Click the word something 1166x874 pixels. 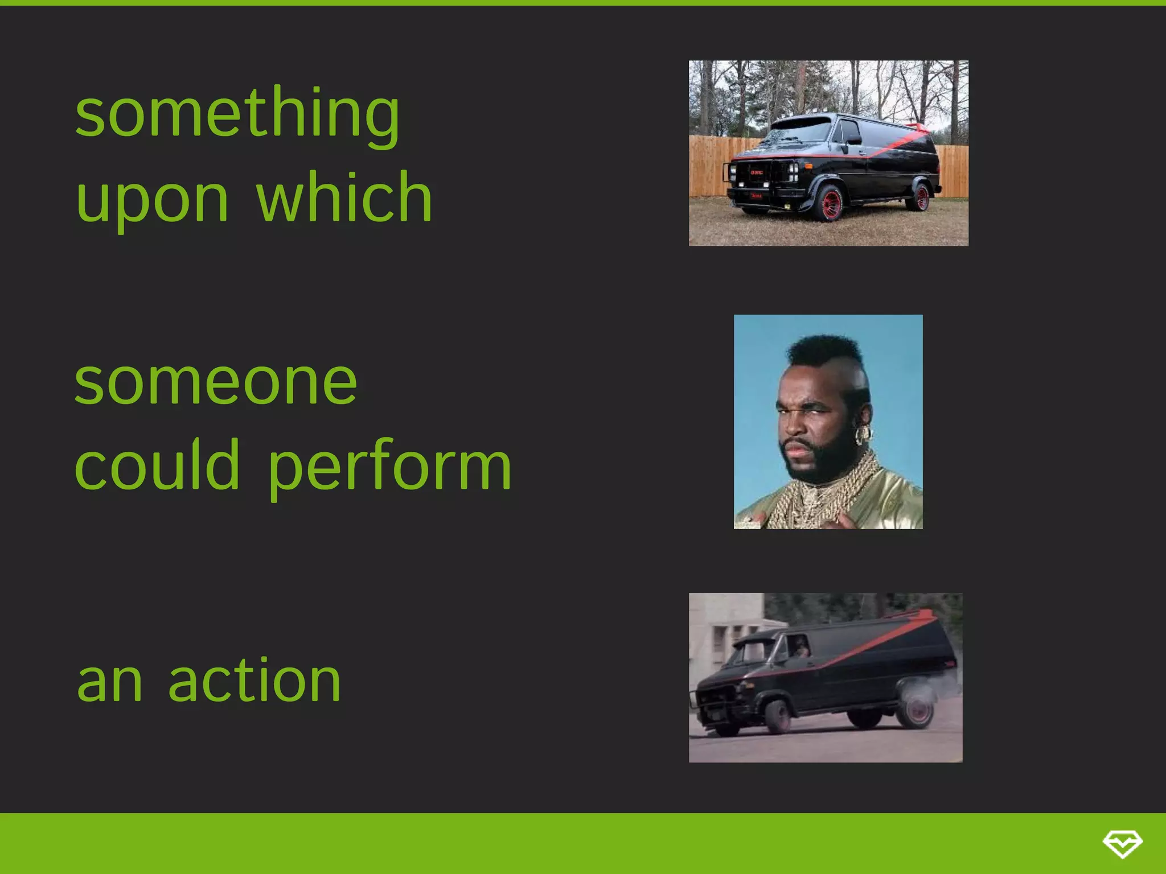(237, 114)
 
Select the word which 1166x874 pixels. (344, 198)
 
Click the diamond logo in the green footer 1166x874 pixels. (1122, 843)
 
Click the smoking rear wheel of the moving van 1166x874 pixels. (915, 708)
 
